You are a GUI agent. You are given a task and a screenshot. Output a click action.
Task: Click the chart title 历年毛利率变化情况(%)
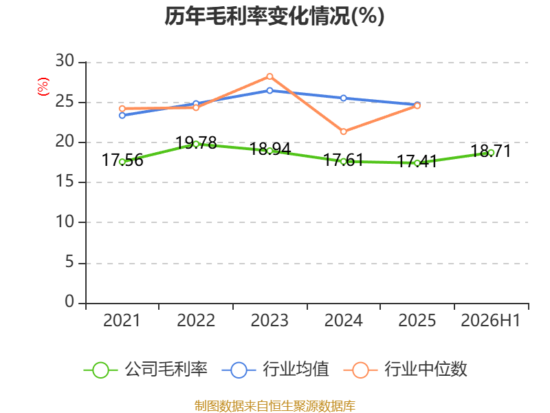click(x=274, y=16)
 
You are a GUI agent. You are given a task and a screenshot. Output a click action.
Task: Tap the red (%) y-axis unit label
click(x=43, y=87)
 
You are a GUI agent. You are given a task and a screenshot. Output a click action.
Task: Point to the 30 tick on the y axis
click(x=65, y=61)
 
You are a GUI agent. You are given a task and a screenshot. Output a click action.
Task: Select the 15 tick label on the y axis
click(x=65, y=181)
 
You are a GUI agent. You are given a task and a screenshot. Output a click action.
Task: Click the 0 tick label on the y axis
click(x=69, y=301)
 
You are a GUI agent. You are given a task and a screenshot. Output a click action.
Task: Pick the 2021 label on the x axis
click(x=122, y=320)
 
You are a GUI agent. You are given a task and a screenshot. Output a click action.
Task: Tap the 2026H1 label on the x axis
click(x=490, y=320)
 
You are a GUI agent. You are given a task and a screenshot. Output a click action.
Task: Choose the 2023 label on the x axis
click(x=269, y=320)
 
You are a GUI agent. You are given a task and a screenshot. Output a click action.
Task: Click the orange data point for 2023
click(x=269, y=76)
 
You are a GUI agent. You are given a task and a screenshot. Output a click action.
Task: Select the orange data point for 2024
click(x=343, y=131)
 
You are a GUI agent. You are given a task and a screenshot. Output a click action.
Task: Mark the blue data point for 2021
click(x=122, y=116)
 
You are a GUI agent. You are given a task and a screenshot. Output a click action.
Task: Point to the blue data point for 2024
click(x=343, y=98)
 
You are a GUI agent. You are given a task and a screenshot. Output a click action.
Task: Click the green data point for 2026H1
click(x=491, y=153)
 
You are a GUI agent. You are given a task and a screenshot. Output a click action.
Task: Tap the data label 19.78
click(x=196, y=142)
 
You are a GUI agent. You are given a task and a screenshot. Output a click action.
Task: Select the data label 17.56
click(x=122, y=160)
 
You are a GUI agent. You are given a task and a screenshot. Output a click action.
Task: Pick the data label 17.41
click(x=417, y=161)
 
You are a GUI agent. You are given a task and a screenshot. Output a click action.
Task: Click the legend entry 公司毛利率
click(x=146, y=370)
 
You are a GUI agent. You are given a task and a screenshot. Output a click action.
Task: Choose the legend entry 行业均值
click(x=276, y=370)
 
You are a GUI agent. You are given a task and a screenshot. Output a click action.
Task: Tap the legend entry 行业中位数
click(x=405, y=370)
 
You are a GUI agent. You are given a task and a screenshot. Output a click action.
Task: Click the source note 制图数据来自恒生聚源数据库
click(x=274, y=406)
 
